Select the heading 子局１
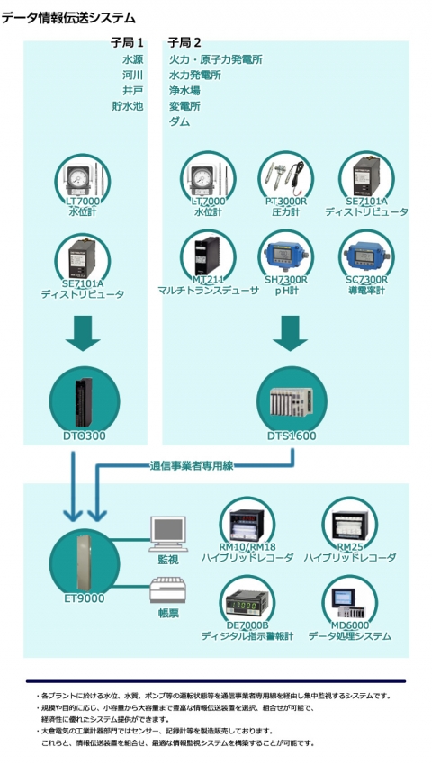(127, 42)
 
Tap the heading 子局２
(184, 42)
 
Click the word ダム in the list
(180, 121)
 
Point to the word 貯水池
(127, 106)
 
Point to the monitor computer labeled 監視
(169, 533)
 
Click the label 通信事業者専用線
(191, 465)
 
